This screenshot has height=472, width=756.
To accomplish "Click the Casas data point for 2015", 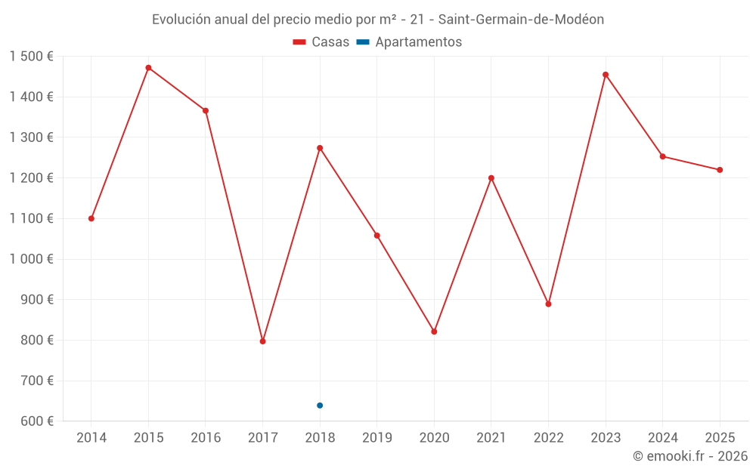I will click(148, 68).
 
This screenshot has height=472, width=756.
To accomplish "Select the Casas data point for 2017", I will click(262, 341).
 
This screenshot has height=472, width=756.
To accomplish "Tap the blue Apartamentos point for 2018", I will click(320, 406).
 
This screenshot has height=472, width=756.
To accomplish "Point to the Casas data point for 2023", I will click(606, 75).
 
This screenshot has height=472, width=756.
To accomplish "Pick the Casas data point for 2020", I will click(434, 332).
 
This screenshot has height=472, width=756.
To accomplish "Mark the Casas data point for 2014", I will click(91, 218).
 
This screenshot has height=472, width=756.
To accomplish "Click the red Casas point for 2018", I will click(320, 148).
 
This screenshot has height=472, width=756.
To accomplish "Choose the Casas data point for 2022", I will click(548, 304).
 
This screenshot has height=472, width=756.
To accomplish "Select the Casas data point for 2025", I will click(720, 170).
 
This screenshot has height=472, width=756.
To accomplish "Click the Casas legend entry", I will click(321, 42).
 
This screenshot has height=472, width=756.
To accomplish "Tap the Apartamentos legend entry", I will click(409, 42).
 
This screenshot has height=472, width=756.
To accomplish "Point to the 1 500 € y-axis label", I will click(31, 57).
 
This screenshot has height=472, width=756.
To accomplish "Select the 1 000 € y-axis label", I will click(31, 259).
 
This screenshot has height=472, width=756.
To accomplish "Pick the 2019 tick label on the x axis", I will click(376, 438).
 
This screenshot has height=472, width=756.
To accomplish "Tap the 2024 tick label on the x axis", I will click(662, 438).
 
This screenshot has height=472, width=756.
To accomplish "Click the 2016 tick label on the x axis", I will click(206, 438).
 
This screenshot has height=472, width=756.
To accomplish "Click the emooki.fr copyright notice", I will click(690, 456).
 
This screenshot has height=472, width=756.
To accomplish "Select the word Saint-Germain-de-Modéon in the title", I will click(521, 20).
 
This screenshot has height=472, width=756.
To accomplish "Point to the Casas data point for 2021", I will click(491, 178).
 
